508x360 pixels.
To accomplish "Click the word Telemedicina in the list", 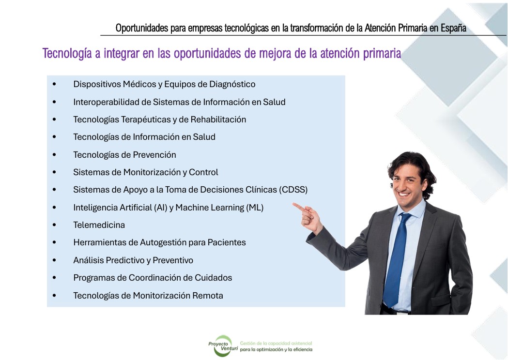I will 99,225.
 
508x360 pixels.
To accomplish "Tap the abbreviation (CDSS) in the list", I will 293,190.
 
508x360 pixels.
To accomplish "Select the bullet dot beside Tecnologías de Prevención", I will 54,155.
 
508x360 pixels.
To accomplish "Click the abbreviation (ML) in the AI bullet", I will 255,208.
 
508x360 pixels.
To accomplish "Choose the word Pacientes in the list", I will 227,242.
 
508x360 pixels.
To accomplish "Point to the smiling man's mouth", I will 403,194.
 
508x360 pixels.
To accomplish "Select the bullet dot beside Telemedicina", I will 54,225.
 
